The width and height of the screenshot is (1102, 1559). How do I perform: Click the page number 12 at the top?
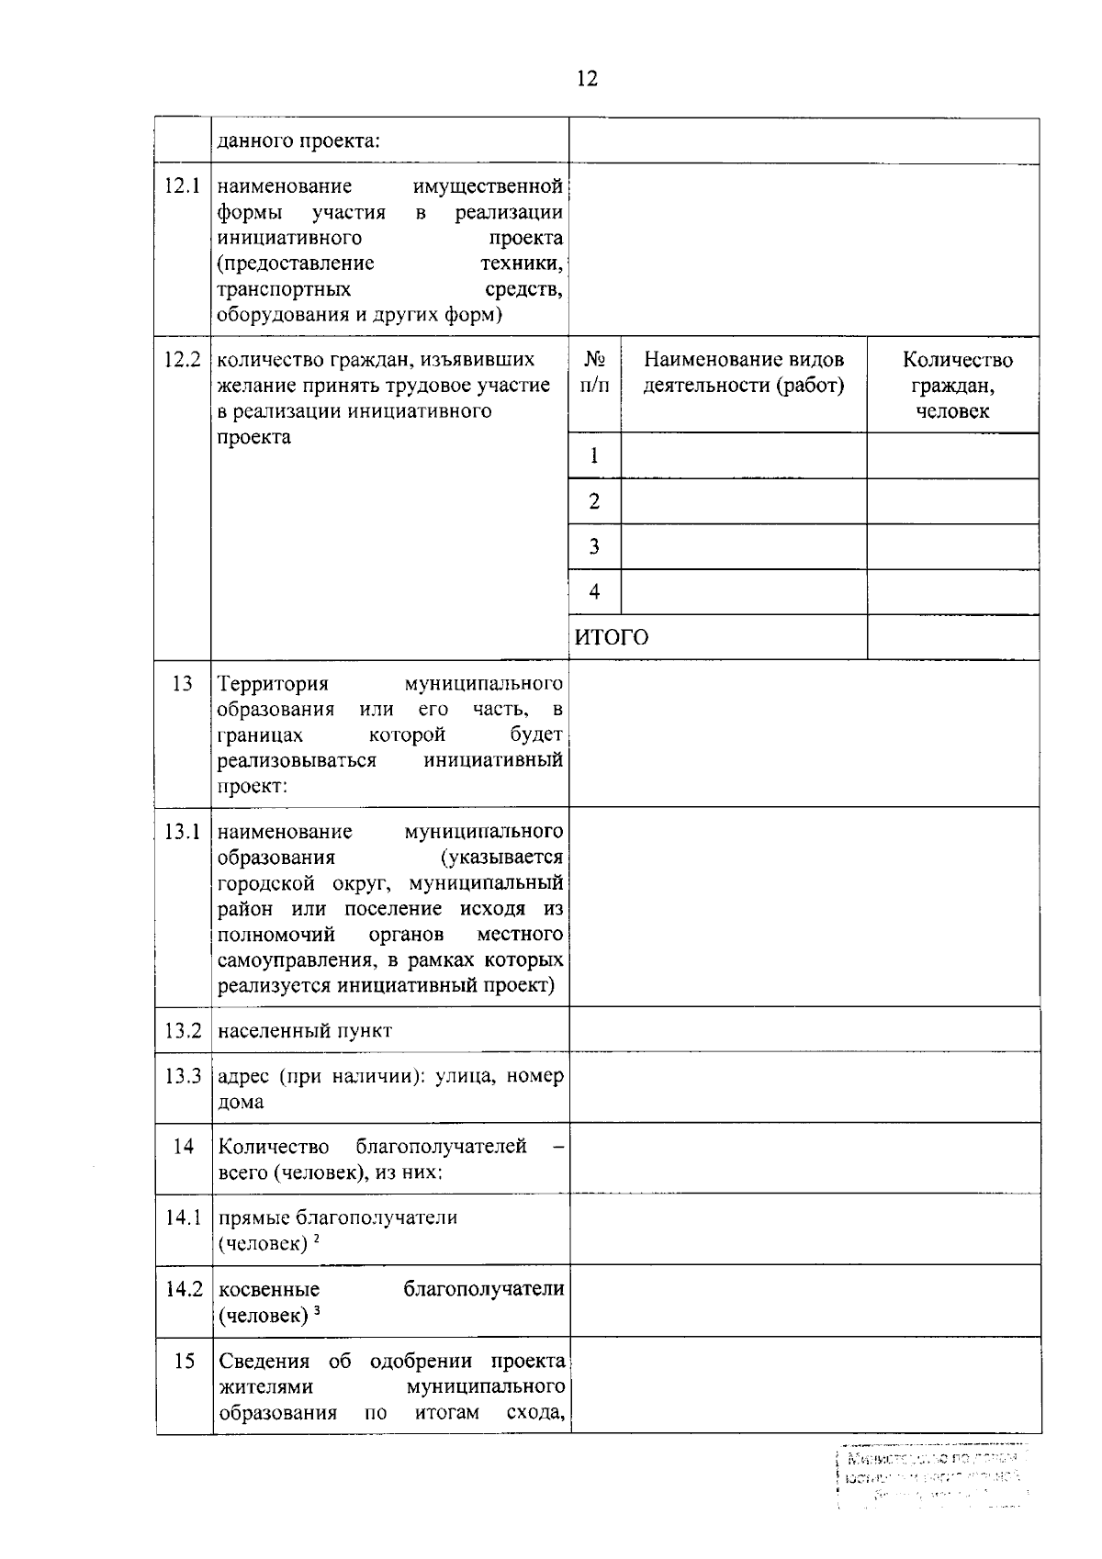coord(587,79)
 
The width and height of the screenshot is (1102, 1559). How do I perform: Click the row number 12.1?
coord(182,186)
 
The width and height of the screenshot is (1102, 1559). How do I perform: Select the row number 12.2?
coord(182,360)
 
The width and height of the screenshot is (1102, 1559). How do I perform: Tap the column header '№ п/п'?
coord(594,372)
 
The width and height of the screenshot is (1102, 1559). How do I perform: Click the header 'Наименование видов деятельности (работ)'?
coord(743,372)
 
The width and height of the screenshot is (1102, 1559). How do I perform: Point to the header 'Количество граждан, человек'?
coord(953,385)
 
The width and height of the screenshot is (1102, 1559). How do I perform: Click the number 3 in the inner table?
coord(594,547)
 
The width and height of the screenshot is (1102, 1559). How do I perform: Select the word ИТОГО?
coord(612,637)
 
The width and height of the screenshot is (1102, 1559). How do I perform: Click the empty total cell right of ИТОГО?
coord(952,637)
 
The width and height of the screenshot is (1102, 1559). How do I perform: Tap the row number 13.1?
coord(182,832)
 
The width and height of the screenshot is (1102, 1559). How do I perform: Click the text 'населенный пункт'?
coord(305,1031)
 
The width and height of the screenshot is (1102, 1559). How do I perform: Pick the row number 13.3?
coord(183,1076)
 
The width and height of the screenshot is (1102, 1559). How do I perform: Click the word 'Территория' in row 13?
coord(273,684)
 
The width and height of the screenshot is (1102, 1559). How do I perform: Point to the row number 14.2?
coord(184,1289)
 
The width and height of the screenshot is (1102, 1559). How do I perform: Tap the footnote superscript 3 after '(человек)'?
coord(316,1311)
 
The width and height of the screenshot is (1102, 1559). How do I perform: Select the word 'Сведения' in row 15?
coord(263,1362)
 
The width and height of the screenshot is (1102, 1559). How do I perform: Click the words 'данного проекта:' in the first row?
coord(299,141)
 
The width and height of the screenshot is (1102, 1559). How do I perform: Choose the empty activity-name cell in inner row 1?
coord(743,456)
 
